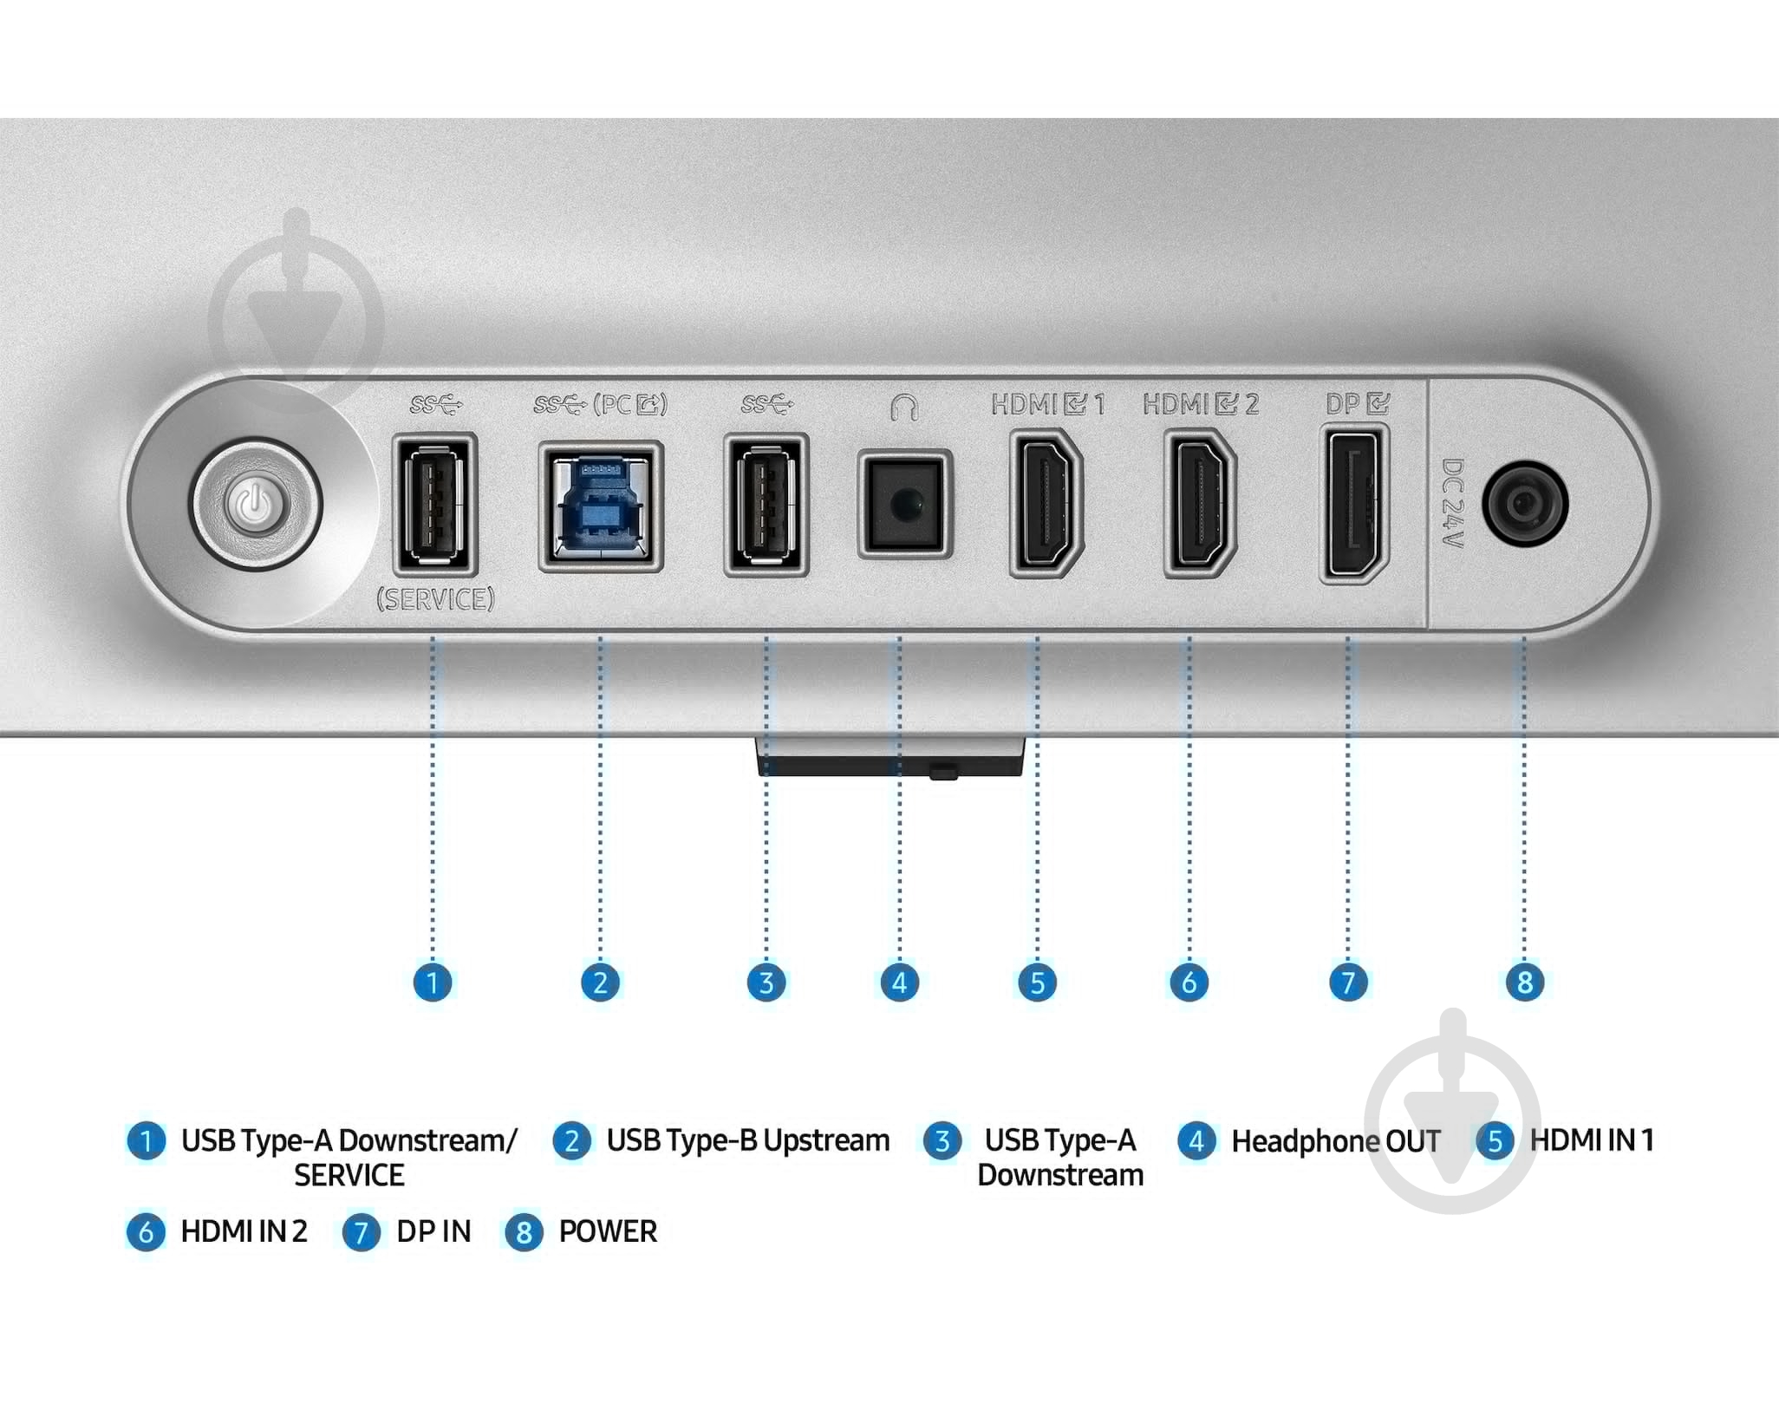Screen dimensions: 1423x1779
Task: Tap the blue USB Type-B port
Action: point(601,506)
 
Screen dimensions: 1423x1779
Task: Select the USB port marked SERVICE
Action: point(434,504)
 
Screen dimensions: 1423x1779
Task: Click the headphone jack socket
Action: point(904,504)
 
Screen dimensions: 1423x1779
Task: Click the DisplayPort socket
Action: point(1354,504)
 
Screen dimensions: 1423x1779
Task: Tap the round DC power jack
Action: point(1525,504)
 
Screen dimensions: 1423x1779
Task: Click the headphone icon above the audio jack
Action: point(904,406)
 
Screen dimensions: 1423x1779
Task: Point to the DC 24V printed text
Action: point(1451,504)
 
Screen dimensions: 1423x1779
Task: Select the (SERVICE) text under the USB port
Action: point(435,599)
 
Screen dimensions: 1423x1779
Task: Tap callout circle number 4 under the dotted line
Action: point(899,982)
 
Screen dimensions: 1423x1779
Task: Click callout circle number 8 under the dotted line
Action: point(1524,982)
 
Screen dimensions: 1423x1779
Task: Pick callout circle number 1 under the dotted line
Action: point(433,982)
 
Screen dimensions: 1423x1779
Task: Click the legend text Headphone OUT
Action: point(1335,1141)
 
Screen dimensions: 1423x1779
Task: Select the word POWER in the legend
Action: point(608,1231)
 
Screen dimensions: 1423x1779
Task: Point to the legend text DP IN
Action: point(433,1231)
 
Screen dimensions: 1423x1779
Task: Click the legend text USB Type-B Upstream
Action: point(747,1140)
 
